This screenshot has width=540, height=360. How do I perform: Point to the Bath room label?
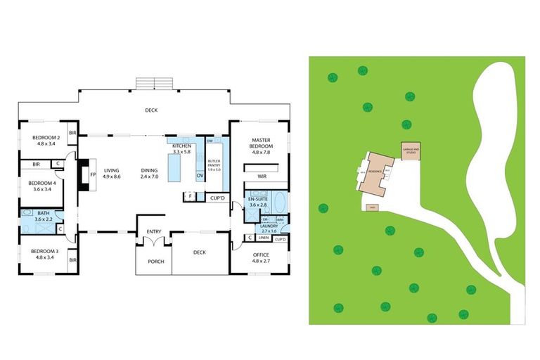click(44, 213)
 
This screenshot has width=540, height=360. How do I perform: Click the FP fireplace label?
click(92, 174)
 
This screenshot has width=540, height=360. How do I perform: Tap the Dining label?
click(148, 170)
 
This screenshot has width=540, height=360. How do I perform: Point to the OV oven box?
click(200, 175)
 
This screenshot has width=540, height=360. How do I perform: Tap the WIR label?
click(262, 177)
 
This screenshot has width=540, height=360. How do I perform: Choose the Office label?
click(260, 255)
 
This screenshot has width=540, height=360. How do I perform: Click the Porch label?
click(156, 262)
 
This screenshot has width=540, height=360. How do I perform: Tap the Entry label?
click(155, 232)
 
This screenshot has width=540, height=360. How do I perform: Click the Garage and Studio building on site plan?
click(411, 150)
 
